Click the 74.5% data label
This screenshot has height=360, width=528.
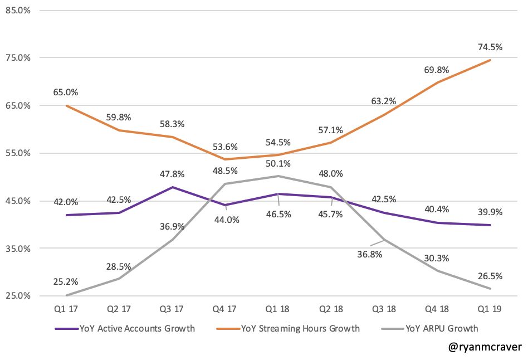[x=490, y=47]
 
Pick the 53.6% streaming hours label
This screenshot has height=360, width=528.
[x=226, y=147]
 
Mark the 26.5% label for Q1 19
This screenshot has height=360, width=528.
[x=490, y=276]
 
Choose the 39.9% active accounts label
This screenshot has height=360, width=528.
[x=490, y=212]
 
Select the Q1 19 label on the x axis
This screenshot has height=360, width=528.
[x=490, y=309]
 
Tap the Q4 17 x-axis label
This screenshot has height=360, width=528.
[x=226, y=309]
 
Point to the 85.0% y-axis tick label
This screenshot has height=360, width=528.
[x=18, y=10]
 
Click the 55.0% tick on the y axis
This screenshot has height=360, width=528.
[x=18, y=153]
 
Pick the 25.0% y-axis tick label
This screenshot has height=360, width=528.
[x=18, y=296]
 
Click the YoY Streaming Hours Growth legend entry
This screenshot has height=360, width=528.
[x=301, y=328]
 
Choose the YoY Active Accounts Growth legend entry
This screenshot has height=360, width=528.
[x=137, y=328]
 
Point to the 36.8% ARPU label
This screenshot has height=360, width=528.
[x=368, y=255]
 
